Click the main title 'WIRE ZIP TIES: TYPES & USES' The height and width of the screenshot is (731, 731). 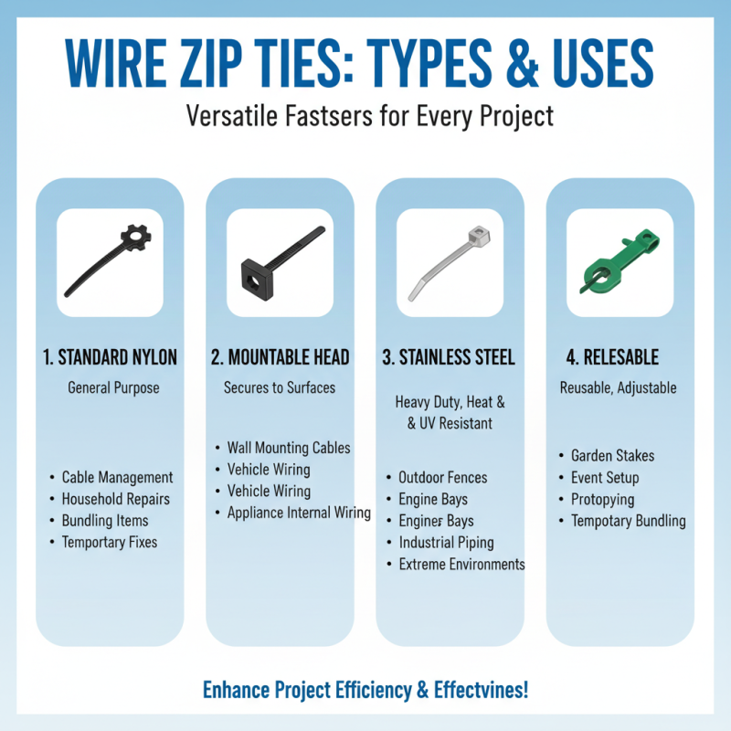(365, 62)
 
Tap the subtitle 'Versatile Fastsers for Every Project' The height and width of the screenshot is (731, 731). (365, 116)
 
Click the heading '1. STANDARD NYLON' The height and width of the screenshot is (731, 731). (111, 357)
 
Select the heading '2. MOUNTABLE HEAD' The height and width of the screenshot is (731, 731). (280, 357)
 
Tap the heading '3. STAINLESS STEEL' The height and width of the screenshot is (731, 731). (449, 357)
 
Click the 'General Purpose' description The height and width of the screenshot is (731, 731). (113, 388)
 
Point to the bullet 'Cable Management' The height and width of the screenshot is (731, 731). (117, 477)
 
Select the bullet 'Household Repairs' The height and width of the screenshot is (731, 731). (115, 499)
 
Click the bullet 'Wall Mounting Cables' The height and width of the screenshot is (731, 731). (289, 448)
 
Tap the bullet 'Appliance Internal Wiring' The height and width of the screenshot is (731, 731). (299, 513)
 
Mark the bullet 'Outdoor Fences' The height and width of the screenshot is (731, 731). (442, 477)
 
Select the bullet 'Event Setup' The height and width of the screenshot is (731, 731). (605, 477)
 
